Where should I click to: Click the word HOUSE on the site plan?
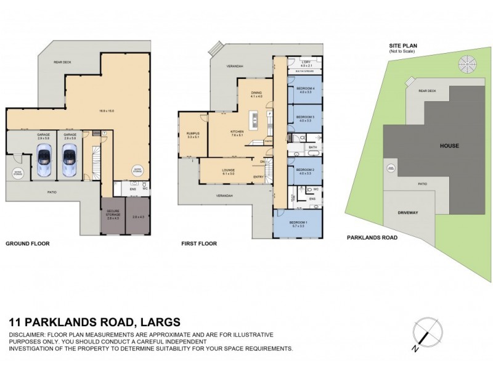pos(449,146)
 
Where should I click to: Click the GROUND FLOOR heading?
pos(27,244)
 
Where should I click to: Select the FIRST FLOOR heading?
pos(199,244)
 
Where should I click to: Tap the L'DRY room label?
pos(304,62)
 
